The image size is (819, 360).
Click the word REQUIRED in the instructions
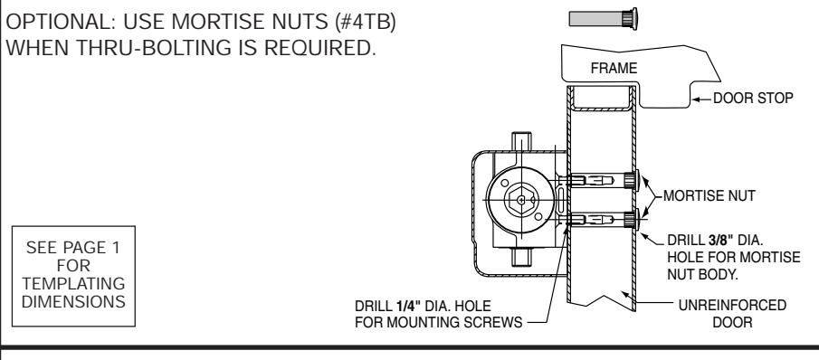[x=320, y=47]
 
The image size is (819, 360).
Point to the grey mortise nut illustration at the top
[x=603, y=19]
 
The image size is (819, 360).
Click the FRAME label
[x=614, y=69]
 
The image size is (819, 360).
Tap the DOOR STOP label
[x=753, y=98]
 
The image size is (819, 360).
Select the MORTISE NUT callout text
[x=709, y=196]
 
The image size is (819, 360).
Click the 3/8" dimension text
[x=720, y=241]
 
